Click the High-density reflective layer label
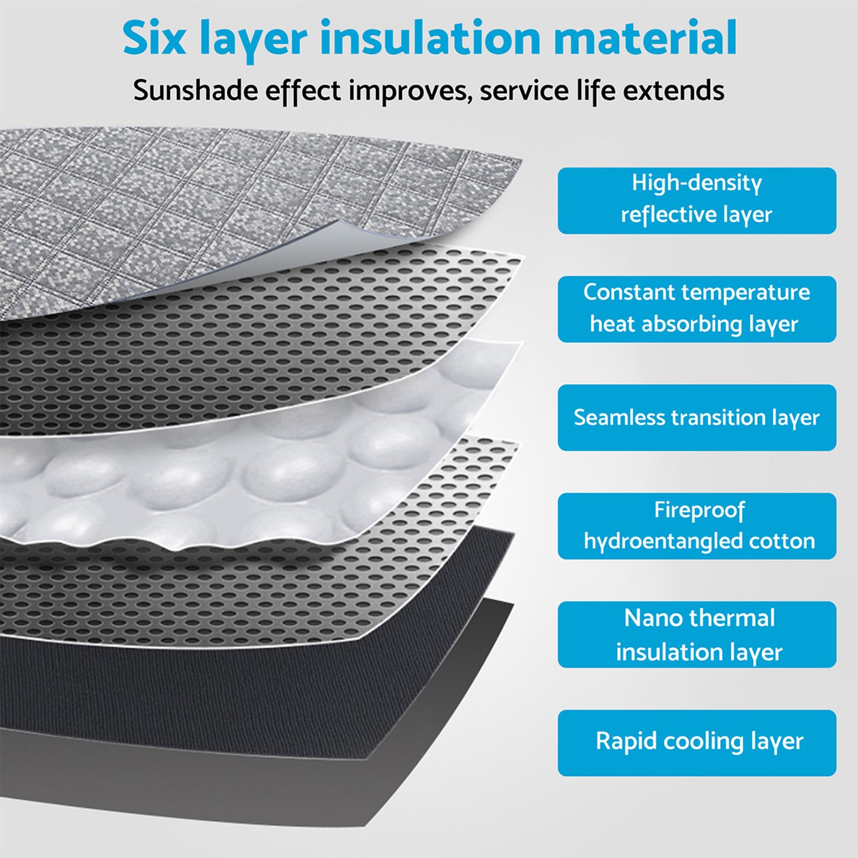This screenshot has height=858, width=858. click(696, 200)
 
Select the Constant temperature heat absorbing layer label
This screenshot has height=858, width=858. click(696, 309)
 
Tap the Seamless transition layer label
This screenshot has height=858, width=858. click(696, 417)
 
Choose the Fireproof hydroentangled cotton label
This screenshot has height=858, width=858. click(696, 526)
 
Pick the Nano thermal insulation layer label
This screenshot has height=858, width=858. click(696, 635)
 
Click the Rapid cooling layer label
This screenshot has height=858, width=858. click(696, 743)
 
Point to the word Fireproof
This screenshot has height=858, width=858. click(699, 510)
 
